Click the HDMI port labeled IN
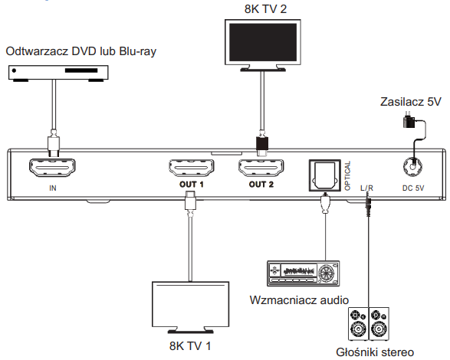[52, 168]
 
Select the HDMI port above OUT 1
[192, 168]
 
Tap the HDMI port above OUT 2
[261, 168]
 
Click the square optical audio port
[324, 175]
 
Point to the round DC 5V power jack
[412, 166]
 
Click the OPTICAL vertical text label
[347, 175]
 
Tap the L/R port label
[366, 188]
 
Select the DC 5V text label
[413, 188]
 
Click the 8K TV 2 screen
[263, 42]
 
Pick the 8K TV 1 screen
[190, 304]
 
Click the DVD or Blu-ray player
[58, 73]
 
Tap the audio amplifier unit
[303, 273]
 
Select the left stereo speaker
[358, 324]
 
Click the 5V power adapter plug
[409, 121]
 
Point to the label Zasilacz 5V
[410, 102]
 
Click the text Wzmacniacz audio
[299, 300]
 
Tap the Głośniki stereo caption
[375, 352]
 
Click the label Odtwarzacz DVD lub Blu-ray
[81, 51]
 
